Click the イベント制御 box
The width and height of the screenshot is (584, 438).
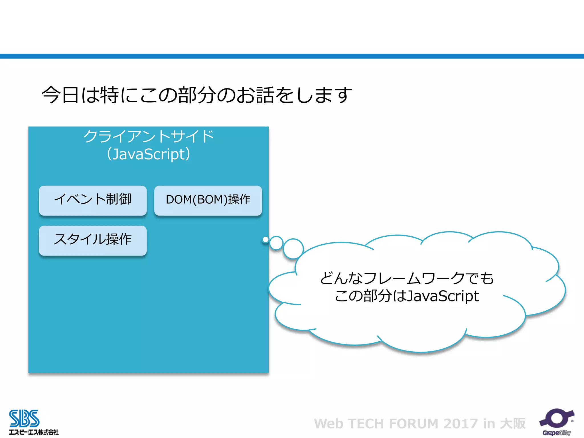[x=93, y=200]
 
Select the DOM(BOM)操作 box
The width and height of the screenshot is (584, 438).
[x=208, y=200]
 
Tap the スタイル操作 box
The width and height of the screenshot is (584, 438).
[x=93, y=240]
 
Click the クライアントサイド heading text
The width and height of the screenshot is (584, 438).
[x=148, y=136]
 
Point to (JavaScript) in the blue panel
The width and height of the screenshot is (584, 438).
[x=148, y=154]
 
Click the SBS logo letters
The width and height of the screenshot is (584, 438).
[x=24, y=418]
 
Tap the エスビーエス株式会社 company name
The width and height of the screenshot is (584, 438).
[x=34, y=432]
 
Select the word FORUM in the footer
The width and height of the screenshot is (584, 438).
[x=413, y=424]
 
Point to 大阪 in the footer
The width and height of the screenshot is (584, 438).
[x=513, y=424]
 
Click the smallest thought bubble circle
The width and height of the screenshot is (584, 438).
[x=265, y=240]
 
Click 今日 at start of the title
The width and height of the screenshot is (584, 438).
[x=60, y=95]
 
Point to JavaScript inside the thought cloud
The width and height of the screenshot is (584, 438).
[x=443, y=296]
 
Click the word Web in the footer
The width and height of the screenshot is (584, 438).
[x=328, y=424]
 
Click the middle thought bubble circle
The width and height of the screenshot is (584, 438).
[x=276, y=243]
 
